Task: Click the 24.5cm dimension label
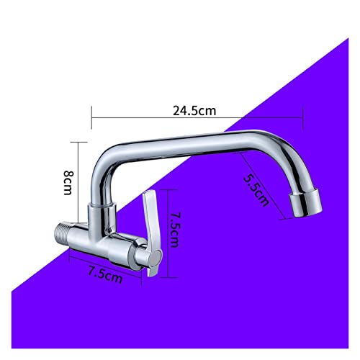194,111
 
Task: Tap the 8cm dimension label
68,183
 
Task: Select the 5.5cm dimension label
256,190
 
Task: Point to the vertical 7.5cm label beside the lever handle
174,230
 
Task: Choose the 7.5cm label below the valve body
105,275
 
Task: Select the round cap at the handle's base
156,257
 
